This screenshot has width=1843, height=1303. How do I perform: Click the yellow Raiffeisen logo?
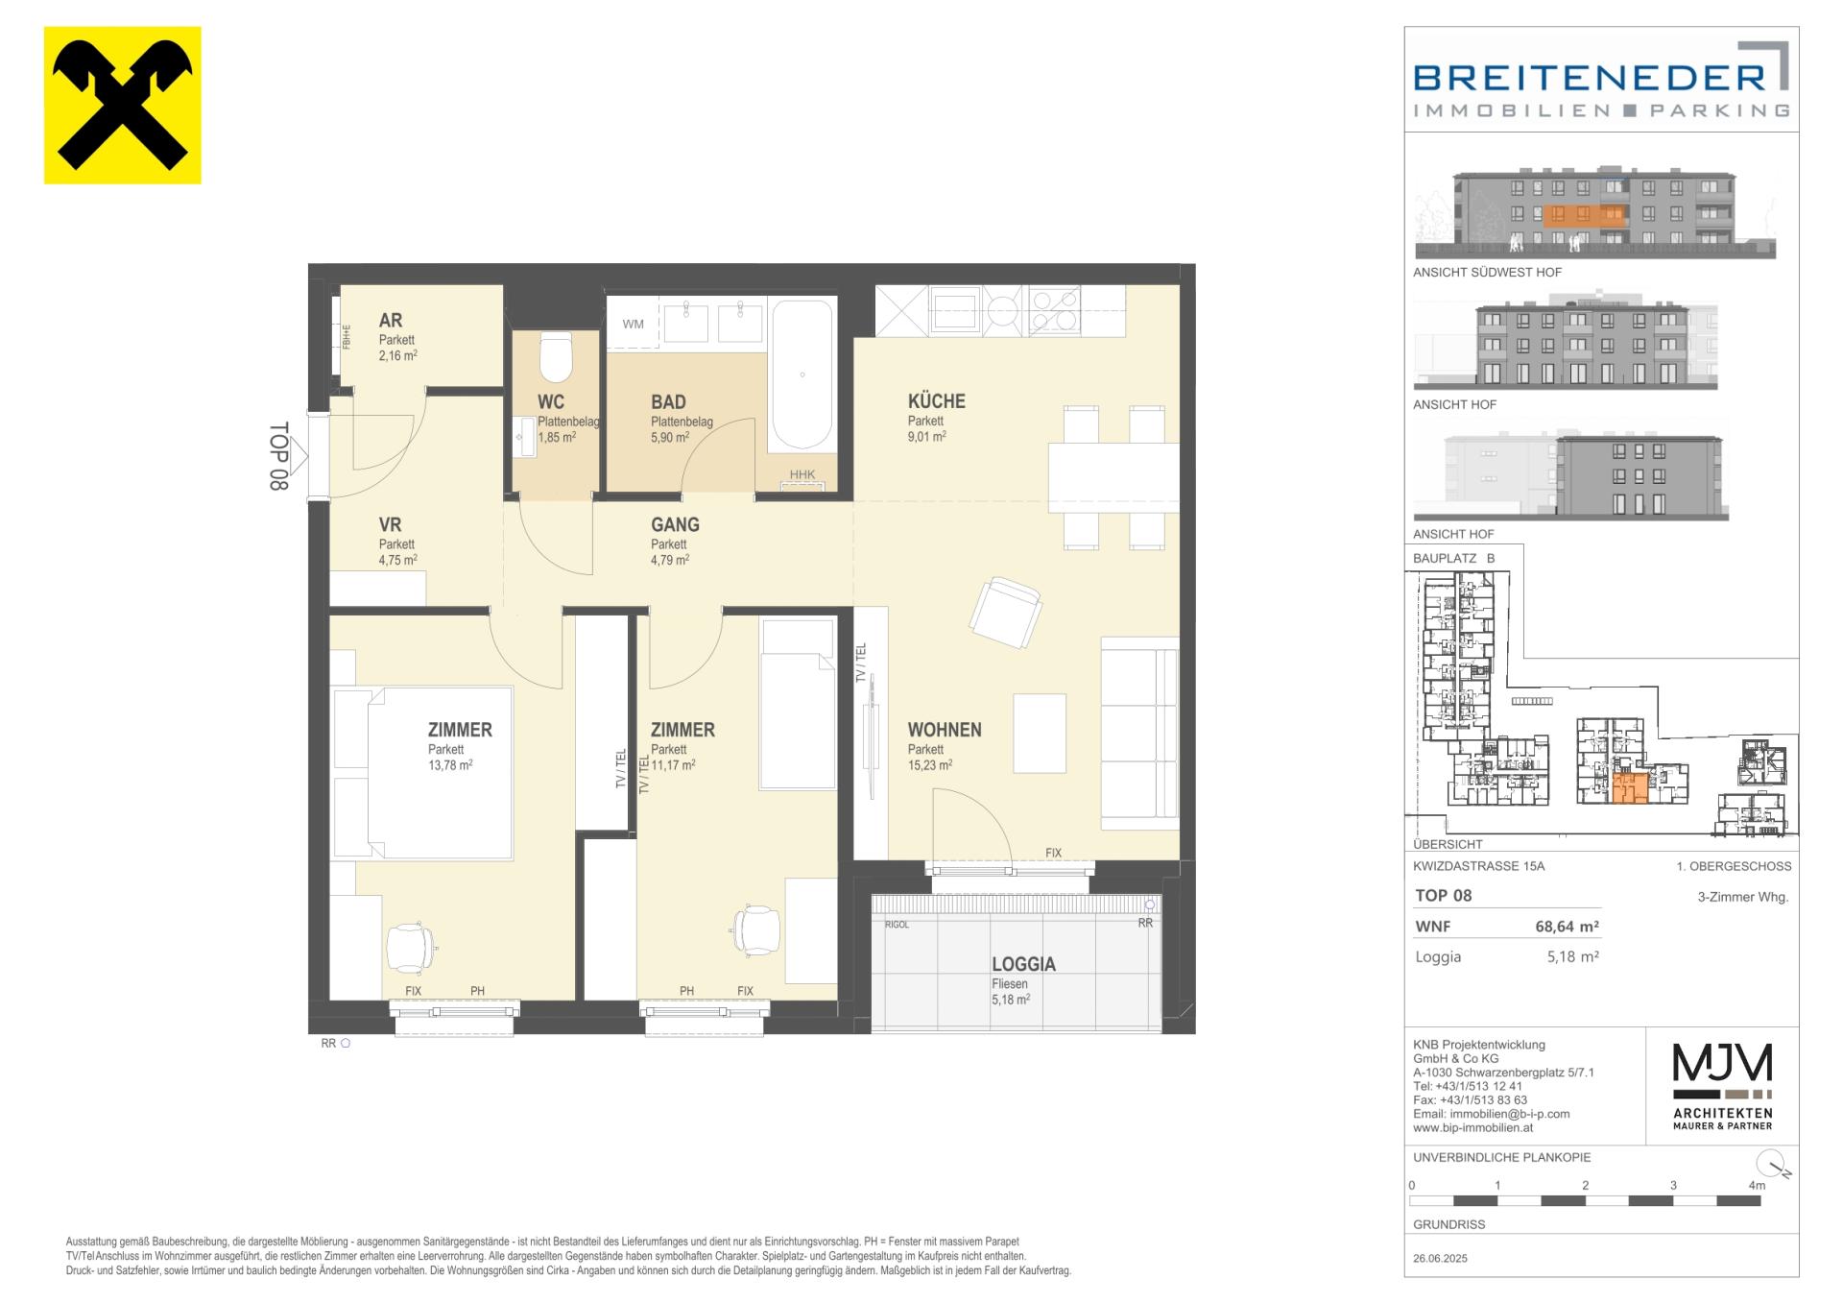point(123,106)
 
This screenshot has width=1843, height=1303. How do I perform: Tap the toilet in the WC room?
point(556,357)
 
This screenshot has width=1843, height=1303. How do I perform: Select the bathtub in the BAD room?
point(802,375)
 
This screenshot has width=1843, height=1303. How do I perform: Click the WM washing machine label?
point(634,324)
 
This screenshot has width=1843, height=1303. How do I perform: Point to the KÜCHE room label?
point(937,401)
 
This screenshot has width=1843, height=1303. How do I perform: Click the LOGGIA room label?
point(1023,964)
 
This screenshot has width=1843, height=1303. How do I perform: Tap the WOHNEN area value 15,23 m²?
point(930,765)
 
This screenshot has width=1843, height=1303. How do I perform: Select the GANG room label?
point(675,524)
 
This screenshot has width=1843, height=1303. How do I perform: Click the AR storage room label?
point(391,320)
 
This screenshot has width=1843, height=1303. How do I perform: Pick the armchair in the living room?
point(1006,613)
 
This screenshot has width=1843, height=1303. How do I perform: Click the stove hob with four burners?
point(1054,310)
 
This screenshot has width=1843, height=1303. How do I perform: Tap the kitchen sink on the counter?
point(954,310)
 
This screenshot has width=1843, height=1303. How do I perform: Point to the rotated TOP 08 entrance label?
point(278,457)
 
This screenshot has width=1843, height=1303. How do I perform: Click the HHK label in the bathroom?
point(802,474)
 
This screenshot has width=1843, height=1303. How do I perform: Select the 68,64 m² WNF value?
point(1568,927)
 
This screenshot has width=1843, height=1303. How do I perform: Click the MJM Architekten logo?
point(1723,1086)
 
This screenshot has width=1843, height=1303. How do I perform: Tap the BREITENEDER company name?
point(1590,79)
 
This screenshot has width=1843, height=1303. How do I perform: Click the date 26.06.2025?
point(1441,1258)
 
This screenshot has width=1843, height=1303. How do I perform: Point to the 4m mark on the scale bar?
point(1757,1186)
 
